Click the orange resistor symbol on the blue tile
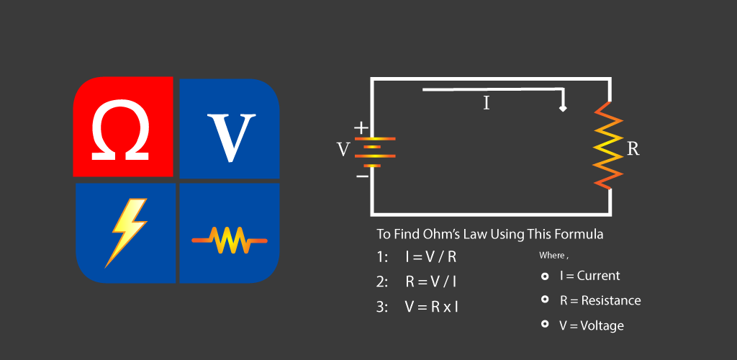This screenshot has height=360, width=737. [229, 240]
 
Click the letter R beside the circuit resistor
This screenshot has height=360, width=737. [633, 149]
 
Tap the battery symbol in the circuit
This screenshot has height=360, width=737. [371, 150]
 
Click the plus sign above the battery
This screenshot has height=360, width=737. [361, 128]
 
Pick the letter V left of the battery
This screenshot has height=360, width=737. [343, 150]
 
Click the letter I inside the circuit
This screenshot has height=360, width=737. [487, 103]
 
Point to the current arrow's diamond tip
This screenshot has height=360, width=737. [563, 108]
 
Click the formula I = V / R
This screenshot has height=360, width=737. [430, 257]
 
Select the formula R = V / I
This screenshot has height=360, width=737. [430, 282]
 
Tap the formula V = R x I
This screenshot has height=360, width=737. [431, 307]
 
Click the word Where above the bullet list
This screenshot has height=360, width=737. [552, 256]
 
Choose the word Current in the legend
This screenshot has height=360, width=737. [598, 276]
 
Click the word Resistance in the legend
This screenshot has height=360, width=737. [610, 300]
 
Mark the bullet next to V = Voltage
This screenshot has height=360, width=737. [545, 324]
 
